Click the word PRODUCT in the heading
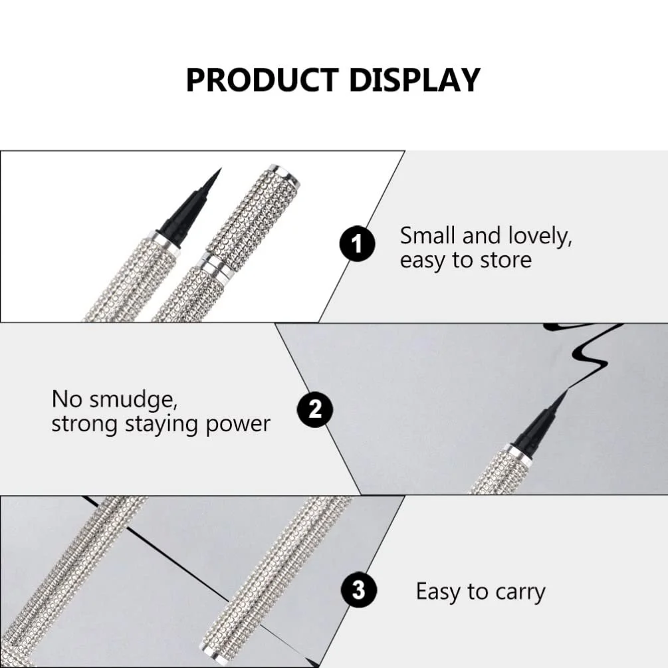(263, 80)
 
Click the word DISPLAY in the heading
(415, 80)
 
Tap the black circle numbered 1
(357, 244)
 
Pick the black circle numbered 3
(359, 590)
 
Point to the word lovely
(540, 237)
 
